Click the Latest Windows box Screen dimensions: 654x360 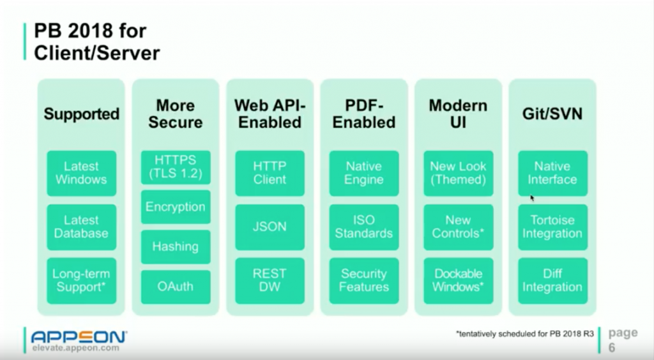pyautogui.click(x=81, y=173)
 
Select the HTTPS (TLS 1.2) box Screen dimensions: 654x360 pyautogui.click(x=176, y=167)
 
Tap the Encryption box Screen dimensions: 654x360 pyautogui.click(x=176, y=207)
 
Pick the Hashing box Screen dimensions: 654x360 pyautogui.click(x=176, y=246)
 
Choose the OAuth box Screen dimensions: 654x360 pyautogui.click(x=176, y=287)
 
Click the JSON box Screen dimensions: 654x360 pyautogui.click(x=270, y=227)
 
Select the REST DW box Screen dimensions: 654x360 pyautogui.click(x=270, y=280)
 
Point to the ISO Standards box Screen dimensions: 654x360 pyautogui.click(x=364, y=227)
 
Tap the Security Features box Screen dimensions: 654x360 pyautogui.click(x=364, y=280)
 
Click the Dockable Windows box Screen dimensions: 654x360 pyautogui.click(x=459, y=280)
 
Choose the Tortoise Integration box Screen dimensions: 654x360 pyautogui.click(x=552, y=227)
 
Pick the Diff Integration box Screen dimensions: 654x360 pyautogui.click(x=552, y=280)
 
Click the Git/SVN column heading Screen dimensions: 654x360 pyautogui.click(x=552, y=114)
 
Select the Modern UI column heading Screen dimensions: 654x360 pyautogui.click(x=458, y=114)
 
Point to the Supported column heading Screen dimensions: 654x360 pyautogui.click(x=81, y=114)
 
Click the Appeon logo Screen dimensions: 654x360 pyautogui.click(x=79, y=336)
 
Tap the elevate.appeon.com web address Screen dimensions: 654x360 pyautogui.click(x=75, y=348)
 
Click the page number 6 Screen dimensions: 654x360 pyautogui.click(x=612, y=347)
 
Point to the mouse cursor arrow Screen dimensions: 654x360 pyautogui.click(x=532, y=198)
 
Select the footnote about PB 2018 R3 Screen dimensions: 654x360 pyautogui.click(x=525, y=334)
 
